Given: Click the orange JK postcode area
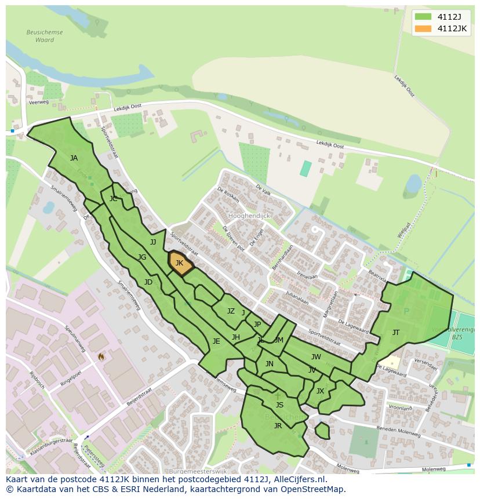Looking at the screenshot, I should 180,264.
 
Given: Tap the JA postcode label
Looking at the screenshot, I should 74,158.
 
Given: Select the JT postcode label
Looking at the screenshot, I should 396,333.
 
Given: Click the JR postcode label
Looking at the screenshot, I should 278,426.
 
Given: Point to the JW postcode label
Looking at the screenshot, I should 316,357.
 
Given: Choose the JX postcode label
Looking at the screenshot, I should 320,391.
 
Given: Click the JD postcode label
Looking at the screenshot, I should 148,282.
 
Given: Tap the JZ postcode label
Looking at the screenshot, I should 231,311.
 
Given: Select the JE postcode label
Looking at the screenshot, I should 216,341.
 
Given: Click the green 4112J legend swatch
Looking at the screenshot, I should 423,16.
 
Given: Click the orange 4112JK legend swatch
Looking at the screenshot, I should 423,28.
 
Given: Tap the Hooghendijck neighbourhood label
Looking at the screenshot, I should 249,216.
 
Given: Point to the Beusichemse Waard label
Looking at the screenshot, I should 45,37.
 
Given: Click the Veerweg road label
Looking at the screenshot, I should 38,103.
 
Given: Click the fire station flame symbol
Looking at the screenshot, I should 101,356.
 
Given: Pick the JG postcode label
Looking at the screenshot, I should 142,257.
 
